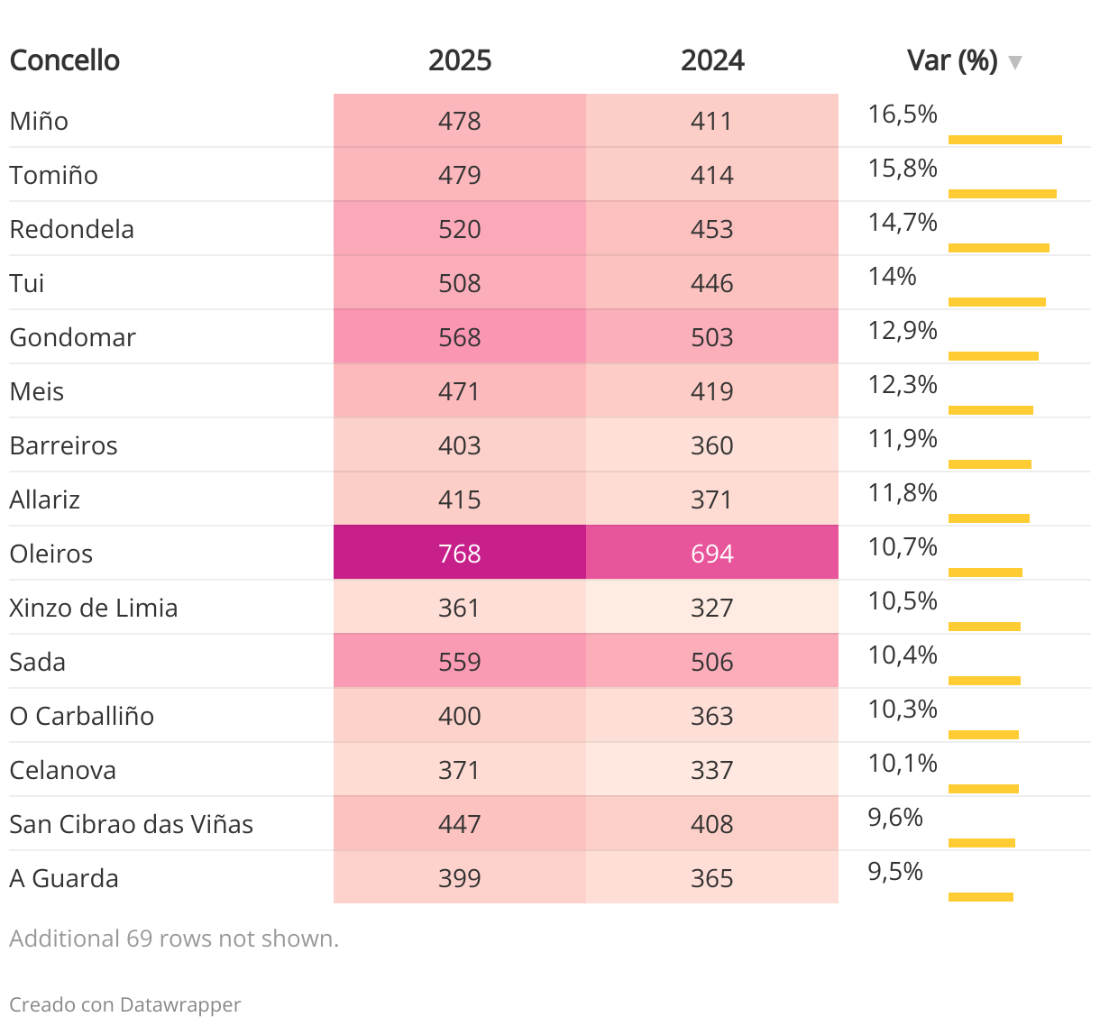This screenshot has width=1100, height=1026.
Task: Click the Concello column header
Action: point(65,60)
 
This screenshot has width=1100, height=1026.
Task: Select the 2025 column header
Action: point(460,60)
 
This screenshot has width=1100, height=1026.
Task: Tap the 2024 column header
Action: point(712,60)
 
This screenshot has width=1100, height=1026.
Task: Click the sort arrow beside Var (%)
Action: point(1015,62)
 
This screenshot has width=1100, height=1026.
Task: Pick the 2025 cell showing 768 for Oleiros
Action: point(460,553)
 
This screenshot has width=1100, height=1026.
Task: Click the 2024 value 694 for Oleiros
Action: point(712,553)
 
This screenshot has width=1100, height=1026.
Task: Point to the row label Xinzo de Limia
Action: point(94,608)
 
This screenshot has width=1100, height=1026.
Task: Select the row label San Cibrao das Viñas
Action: point(132,824)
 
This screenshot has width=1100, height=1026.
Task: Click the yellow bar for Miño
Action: point(1004,140)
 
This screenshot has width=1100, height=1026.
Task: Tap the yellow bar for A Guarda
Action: point(981,897)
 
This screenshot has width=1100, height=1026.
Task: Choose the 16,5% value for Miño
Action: point(903,115)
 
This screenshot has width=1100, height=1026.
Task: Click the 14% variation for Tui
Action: point(892,277)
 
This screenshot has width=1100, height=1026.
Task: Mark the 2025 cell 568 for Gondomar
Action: point(460,337)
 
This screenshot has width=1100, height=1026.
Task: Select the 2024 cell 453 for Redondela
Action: point(712,229)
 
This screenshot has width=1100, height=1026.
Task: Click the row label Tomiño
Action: point(54,175)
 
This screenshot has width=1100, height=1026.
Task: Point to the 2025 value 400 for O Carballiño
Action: point(460,716)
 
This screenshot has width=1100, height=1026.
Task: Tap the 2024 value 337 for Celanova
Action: point(712,770)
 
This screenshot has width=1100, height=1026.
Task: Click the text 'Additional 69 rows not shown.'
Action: point(174,939)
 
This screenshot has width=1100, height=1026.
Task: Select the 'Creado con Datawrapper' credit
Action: point(125,1004)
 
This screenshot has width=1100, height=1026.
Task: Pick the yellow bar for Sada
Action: point(985,681)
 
